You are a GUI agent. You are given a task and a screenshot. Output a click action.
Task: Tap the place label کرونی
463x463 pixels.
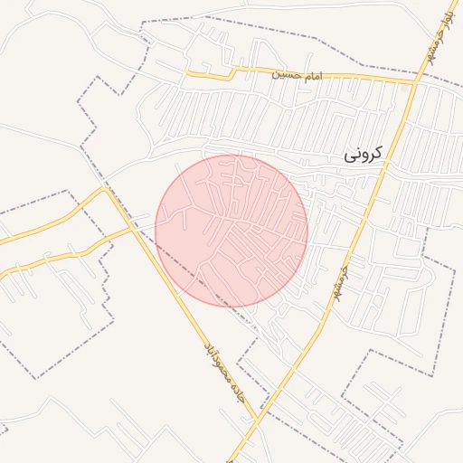363,154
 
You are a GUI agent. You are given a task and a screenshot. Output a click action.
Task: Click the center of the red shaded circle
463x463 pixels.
231,231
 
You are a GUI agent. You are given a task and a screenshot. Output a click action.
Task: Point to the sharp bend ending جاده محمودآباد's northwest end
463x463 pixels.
107,189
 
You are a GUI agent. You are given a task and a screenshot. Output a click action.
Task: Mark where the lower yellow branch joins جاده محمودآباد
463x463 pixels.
132,229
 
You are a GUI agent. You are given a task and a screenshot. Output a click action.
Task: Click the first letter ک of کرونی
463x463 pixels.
376,154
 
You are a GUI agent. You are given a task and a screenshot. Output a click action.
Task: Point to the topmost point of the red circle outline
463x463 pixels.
231,155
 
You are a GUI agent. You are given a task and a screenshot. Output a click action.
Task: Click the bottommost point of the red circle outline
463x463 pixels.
231,307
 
